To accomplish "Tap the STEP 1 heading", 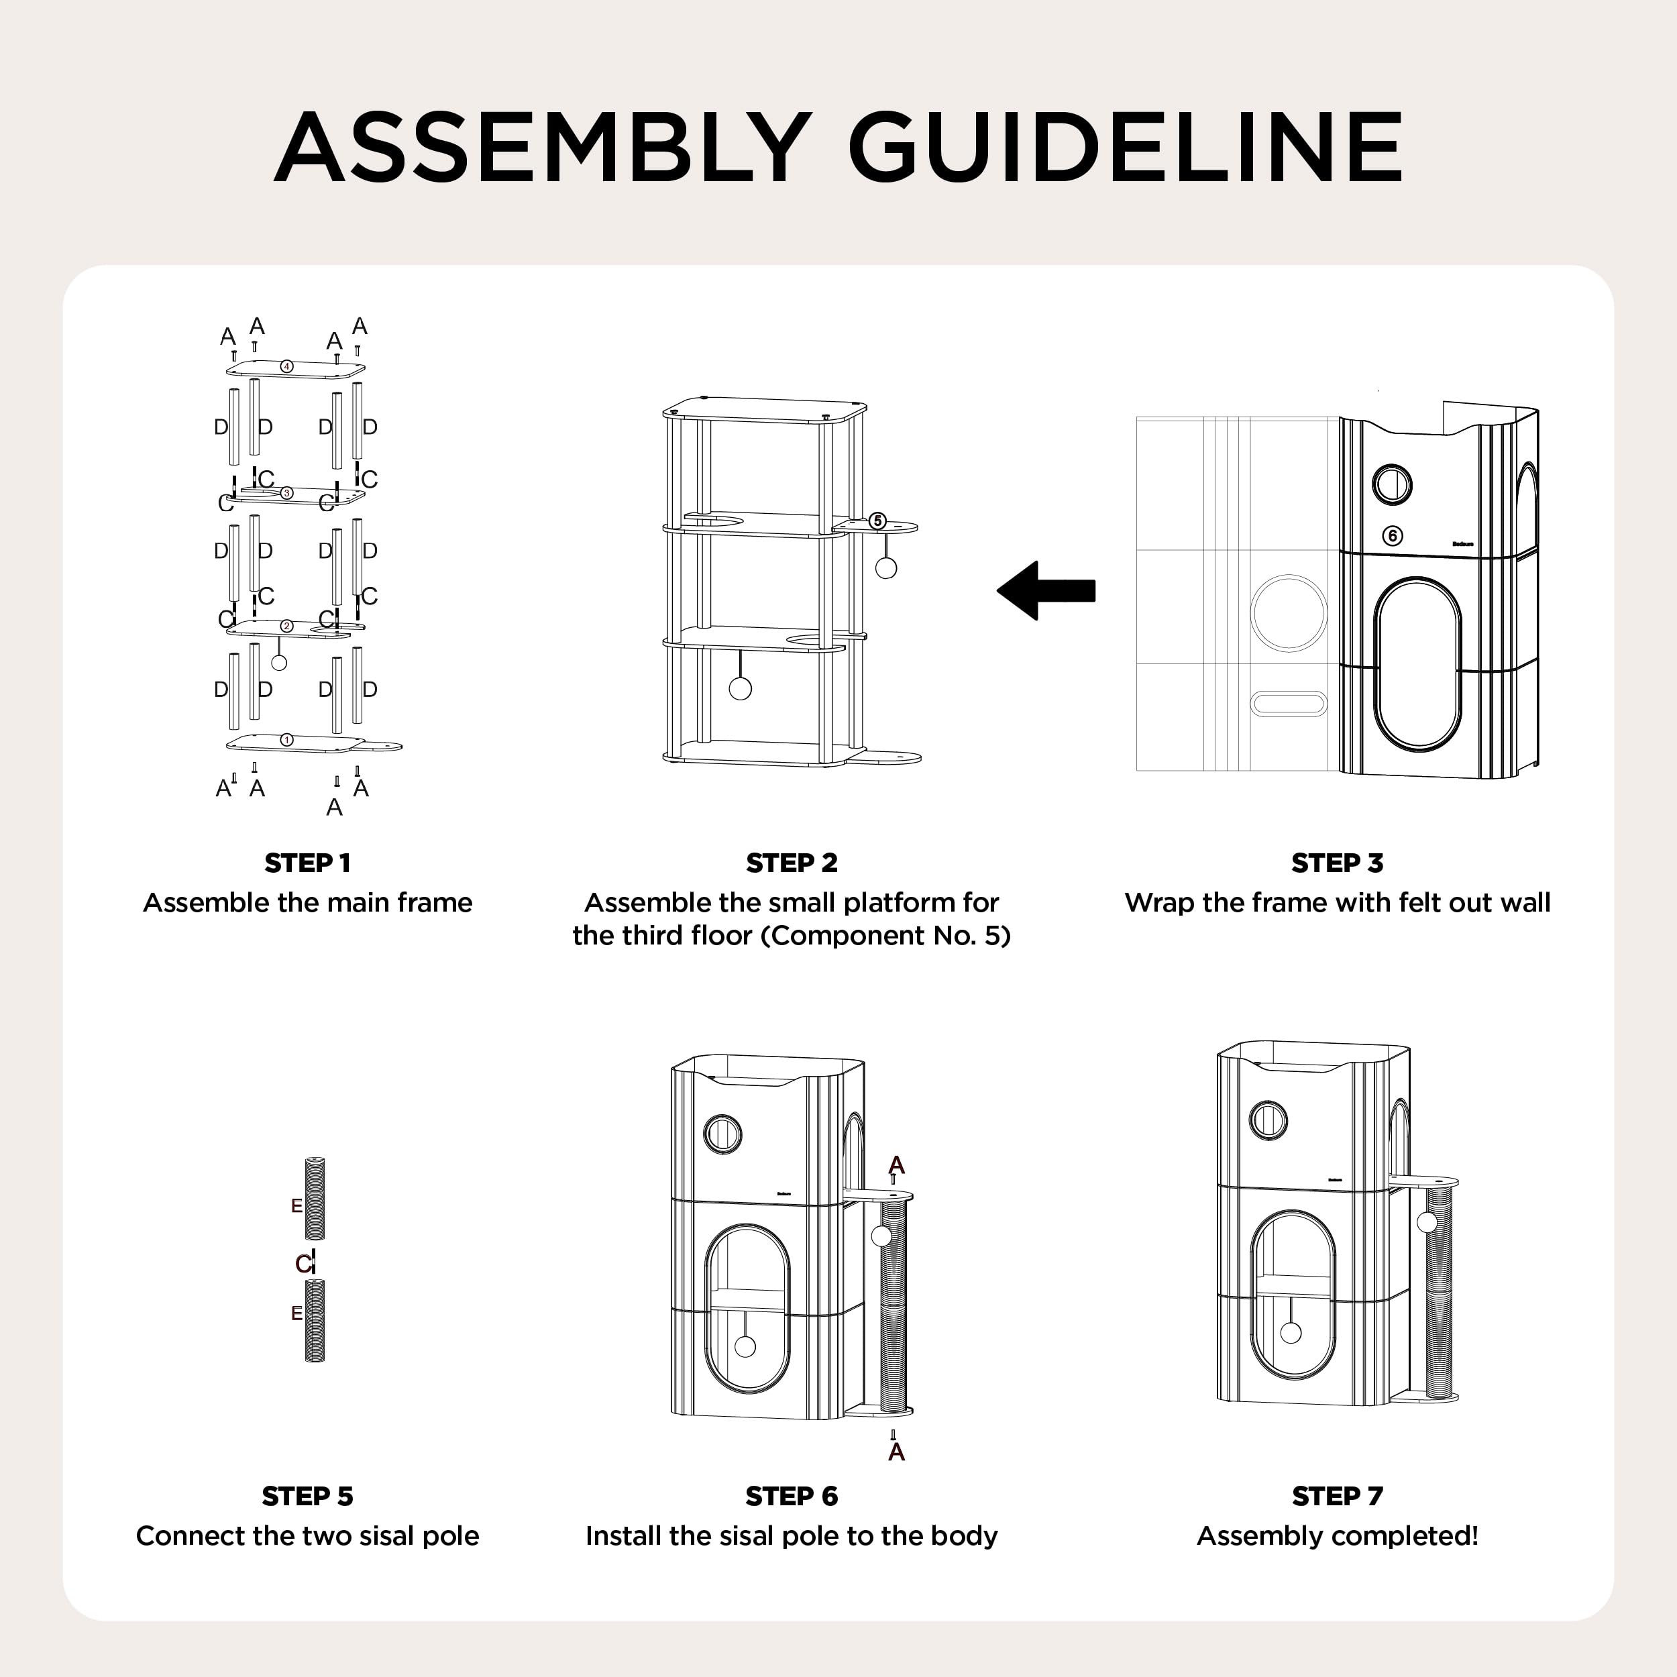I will [307, 863].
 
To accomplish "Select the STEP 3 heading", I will [1337, 863].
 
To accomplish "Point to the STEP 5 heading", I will [307, 1496].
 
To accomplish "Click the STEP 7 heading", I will [1337, 1496].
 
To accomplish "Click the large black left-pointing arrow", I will [1046, 590].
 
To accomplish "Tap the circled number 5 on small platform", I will [877, 521].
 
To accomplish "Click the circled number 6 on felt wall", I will [1393, 535].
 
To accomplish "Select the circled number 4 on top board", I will [287, 366].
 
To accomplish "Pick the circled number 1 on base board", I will [287, 739].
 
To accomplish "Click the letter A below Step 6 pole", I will [897, 1452].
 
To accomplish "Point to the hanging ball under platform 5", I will [885, 567].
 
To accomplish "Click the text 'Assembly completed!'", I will [1337, 1535].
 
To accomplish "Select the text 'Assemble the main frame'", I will [307, 903].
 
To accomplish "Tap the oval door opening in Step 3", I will [1417, 664].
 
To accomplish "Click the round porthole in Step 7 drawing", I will [1268, 1120].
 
